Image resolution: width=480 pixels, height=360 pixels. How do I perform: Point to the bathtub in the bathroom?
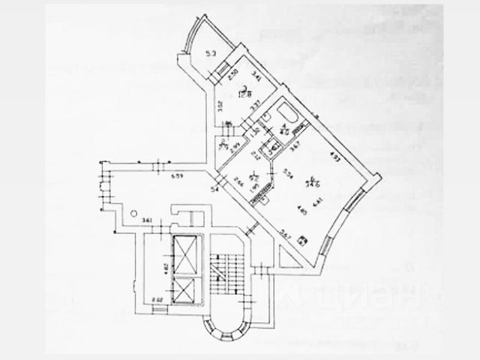[x=288, y=114]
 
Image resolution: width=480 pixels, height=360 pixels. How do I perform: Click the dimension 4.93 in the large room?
[x=335, y=157]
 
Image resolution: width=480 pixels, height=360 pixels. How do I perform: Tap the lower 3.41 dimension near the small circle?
[x=147, y=219]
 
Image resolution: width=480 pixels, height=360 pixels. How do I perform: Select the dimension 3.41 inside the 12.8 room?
[x=257, y=75]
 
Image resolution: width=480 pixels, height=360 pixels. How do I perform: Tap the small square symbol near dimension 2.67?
[x=301, y=241]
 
